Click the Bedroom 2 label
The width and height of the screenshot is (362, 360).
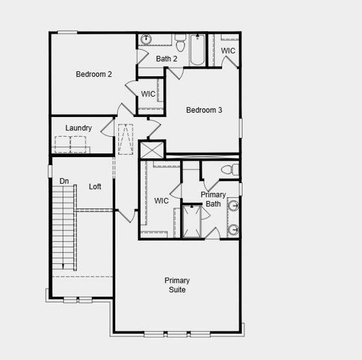tap(94, 74)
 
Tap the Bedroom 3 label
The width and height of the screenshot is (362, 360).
tap(204, 110)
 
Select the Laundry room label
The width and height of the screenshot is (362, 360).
tap(79, 128)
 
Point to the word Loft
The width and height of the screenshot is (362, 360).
tap(95, 187)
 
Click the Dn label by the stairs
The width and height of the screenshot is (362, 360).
tap(64, 181)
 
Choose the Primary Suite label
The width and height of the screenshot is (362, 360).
tap(177, 285)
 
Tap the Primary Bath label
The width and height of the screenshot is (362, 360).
tap(213, 199)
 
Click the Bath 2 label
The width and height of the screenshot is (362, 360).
tap(166, 59)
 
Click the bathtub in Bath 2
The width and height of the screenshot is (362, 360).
tap(198, 50)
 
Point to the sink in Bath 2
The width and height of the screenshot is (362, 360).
tap(146, 40)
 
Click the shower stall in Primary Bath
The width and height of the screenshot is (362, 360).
tap(192, 221)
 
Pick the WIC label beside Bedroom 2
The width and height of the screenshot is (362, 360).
tap(148, 94)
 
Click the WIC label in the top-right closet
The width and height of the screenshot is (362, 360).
tap(228, 51)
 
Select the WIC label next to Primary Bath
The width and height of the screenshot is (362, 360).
tap(161, 201)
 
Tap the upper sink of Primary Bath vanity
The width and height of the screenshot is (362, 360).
tap(234, 206)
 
